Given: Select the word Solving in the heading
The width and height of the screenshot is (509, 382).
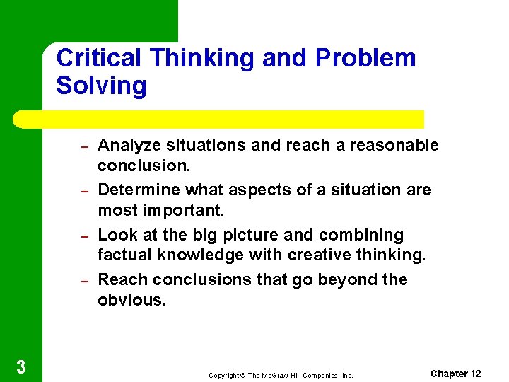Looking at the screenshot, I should (x=101, y=86).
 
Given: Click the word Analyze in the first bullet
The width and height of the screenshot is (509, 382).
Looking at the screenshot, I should (x=129, y=146).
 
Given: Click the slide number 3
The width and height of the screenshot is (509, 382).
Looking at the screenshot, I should (x=21, y=366).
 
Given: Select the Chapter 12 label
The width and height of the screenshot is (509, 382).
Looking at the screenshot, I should (x=455, y=374).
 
